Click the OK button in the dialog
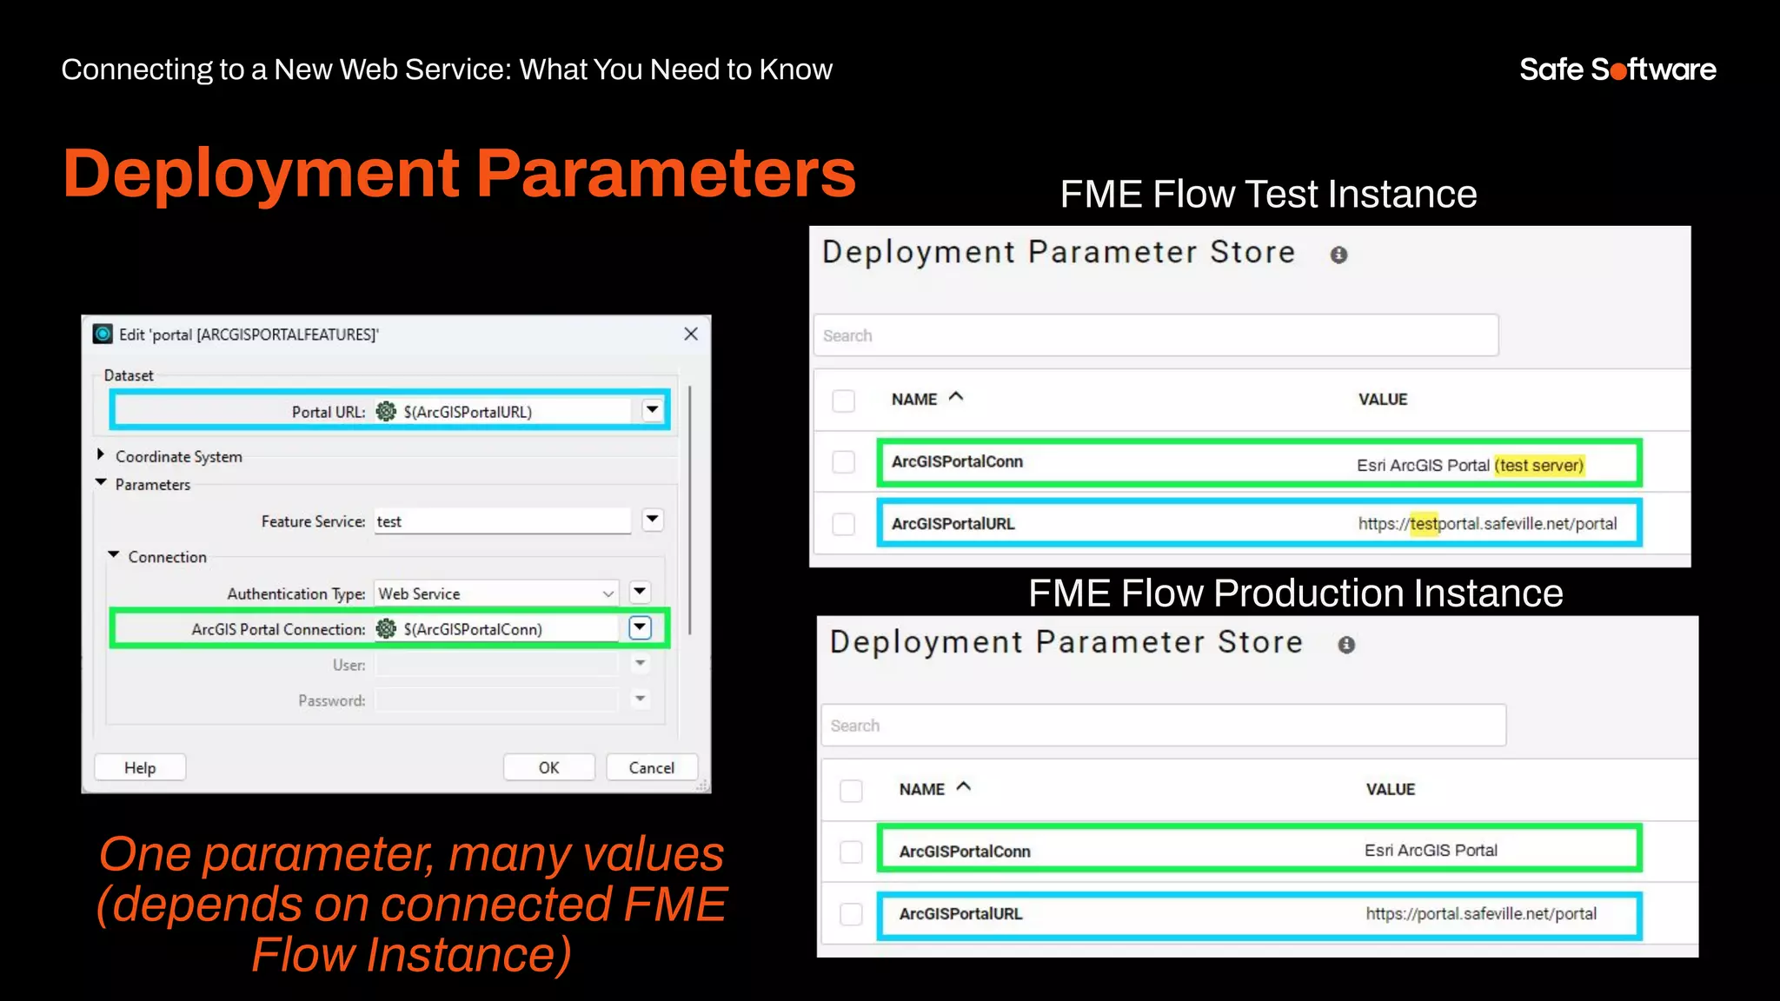pos(548,767)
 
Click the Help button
pos(140,767)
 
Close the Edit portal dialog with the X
pos(691,334)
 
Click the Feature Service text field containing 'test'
pos(502,521)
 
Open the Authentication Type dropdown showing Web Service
pos(496,593)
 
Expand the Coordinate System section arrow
pos(101,454)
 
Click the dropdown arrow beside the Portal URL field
pos(652,410)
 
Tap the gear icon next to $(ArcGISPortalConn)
pos(386,628)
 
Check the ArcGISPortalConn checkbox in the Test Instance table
pos(843,462)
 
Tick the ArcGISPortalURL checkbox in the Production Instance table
pos(851,914)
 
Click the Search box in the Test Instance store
pos(1156,335)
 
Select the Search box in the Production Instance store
pos(1163,726)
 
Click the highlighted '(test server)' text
pos(1539,465)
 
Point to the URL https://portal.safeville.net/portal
pos(1481,913)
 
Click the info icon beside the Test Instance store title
pos(1338,255)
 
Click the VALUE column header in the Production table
pos(1390,789)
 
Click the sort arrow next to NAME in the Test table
pos(956,397)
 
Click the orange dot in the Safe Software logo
pos(1617,71)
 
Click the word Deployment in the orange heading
pos(261,173)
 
